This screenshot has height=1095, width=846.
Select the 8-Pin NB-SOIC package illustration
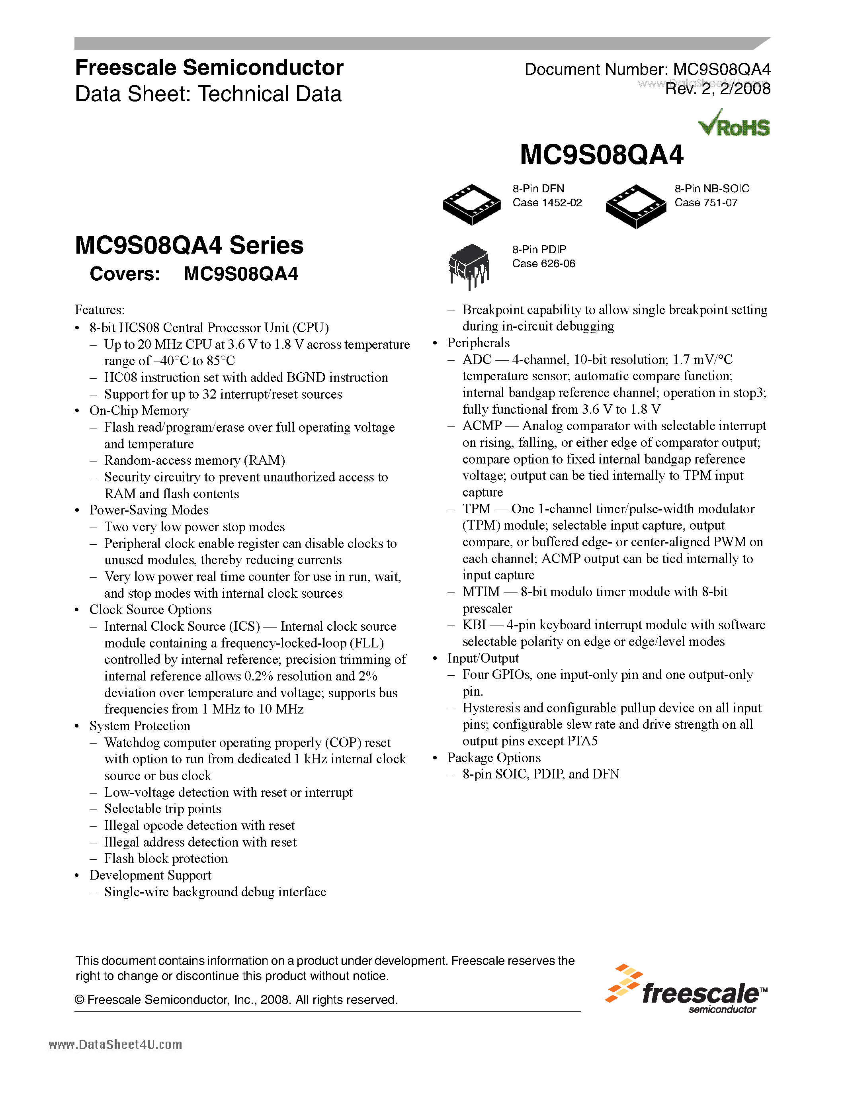(635, 205)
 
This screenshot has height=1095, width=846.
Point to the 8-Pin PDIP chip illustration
(469, 265)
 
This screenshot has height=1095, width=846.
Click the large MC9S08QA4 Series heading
(189, 246)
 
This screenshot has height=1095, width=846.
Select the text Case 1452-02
(547, 203)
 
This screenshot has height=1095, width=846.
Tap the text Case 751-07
(706, 203)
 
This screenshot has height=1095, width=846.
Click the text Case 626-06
(543, 264)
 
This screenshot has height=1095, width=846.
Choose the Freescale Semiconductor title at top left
(209, 68)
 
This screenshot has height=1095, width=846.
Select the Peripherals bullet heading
(478, 343)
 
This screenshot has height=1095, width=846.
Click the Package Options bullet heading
(494, 758)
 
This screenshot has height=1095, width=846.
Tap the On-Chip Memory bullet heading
(139, 411)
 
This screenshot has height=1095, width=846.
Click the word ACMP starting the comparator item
(482, 426)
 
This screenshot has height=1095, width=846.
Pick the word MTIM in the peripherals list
(481, 592)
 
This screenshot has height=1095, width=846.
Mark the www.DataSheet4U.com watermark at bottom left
(115, 1044)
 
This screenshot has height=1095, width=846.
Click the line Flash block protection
(166, 858)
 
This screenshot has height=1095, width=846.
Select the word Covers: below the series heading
(125, 274)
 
